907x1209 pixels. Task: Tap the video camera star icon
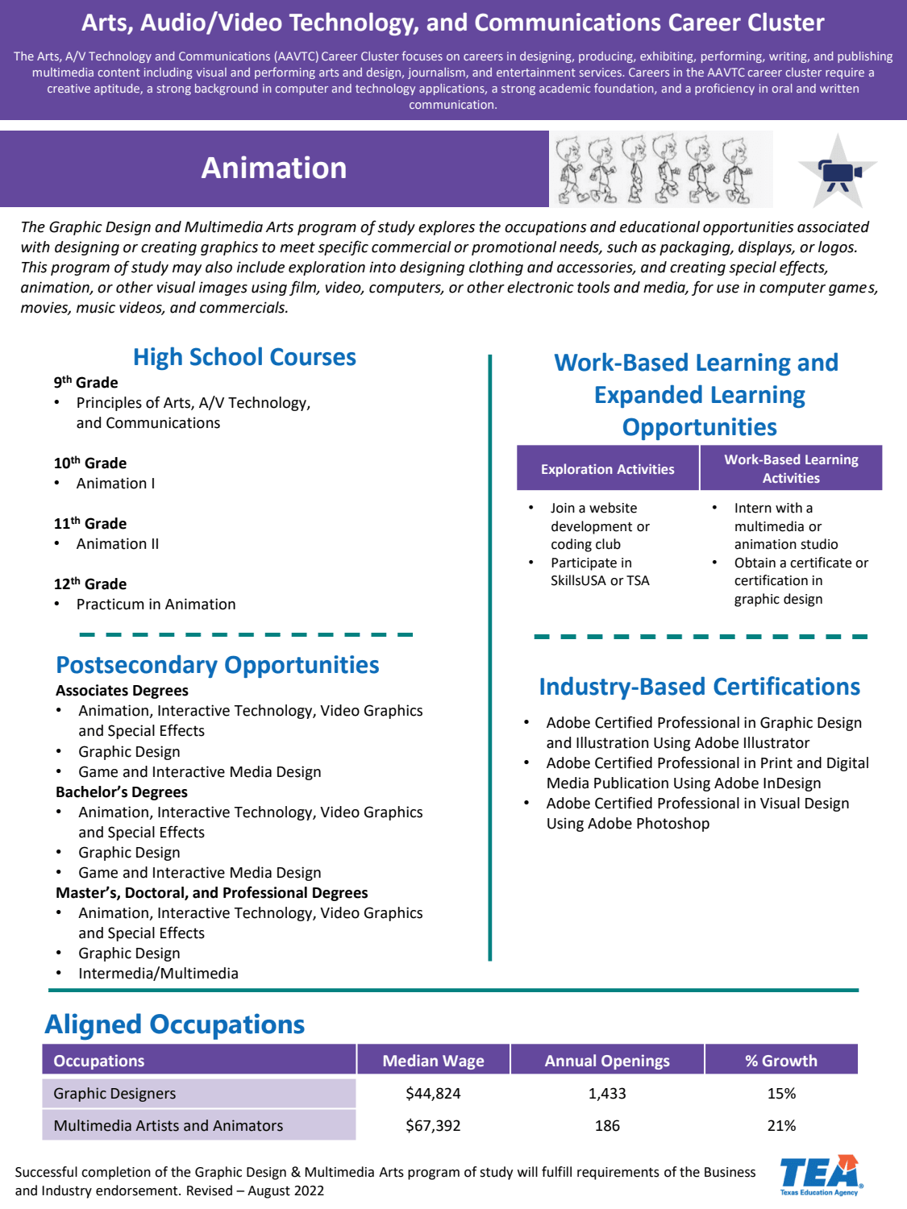click(838, 172)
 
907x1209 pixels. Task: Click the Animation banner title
click(274, 168)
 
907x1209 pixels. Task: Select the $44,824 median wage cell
click(433, 1094)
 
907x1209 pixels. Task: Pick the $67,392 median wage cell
click(433, 1126)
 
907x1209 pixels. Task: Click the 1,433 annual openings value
click(607, 1094)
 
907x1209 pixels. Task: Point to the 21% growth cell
click(781, 1126)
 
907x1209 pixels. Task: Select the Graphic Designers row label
click(114, 1094)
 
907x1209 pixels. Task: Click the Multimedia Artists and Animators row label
click(169, 1126)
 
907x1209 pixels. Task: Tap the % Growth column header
click(781, 1061)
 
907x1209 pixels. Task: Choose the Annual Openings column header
click(607, 1061)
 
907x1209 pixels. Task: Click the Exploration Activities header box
click(608, 469)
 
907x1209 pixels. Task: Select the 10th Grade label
click(90, 463)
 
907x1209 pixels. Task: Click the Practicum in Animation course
click(156, 604)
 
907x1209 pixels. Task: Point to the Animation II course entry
click(118, 544)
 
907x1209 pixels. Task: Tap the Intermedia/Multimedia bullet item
click(158, 974)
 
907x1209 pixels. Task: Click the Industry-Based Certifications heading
click(699, 687)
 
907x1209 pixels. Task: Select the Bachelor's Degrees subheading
click(122, 792)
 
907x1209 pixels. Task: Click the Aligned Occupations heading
click(175, 1024)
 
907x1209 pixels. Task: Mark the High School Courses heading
click(244, 357)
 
